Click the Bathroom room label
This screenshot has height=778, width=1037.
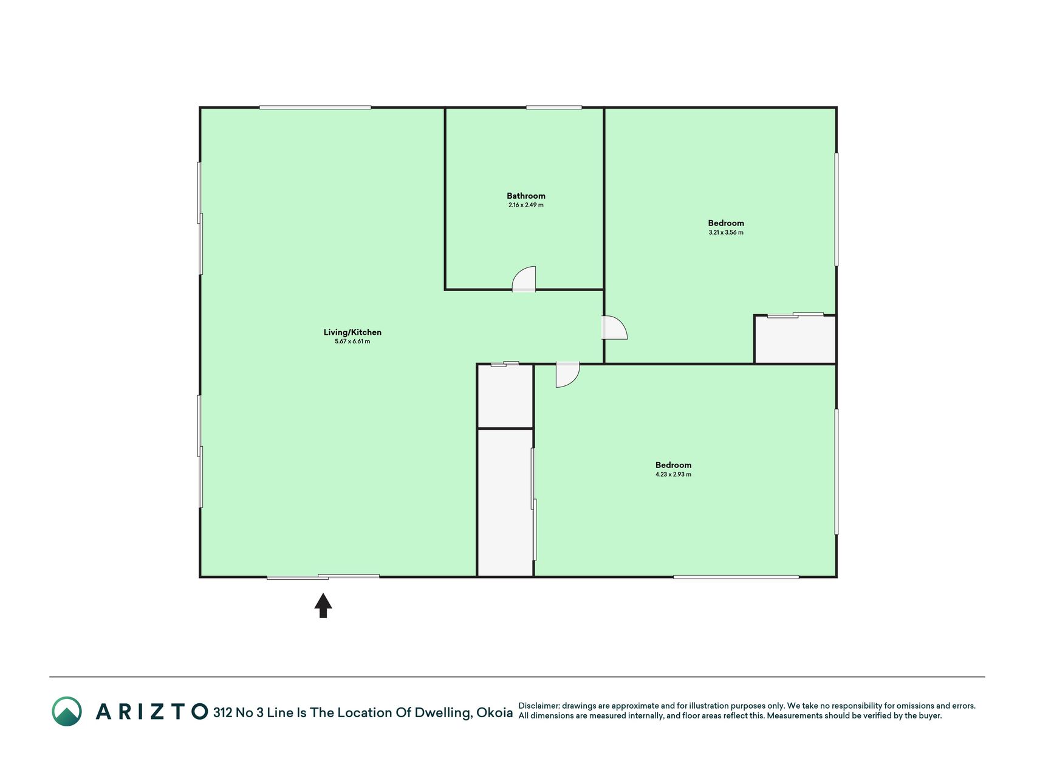526,196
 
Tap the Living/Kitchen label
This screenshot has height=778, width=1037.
352,332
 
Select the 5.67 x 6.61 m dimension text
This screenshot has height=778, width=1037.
352,342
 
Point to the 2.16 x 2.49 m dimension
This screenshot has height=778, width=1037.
526,205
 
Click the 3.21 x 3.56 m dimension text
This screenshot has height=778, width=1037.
726,232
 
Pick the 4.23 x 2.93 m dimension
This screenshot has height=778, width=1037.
673,474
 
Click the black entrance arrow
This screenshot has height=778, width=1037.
323,605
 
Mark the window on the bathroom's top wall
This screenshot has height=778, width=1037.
554,108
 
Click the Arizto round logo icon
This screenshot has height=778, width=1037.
67,711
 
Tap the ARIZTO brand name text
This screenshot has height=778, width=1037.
152,712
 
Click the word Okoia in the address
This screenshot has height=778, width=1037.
495,713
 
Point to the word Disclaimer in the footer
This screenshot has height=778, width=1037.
539,706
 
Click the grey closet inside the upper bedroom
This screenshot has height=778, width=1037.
795,340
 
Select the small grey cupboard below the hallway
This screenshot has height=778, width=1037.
505,396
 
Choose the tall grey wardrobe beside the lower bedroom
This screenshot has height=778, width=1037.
505,503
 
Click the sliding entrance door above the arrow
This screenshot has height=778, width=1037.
323,576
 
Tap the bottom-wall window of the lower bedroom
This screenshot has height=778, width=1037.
736,577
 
